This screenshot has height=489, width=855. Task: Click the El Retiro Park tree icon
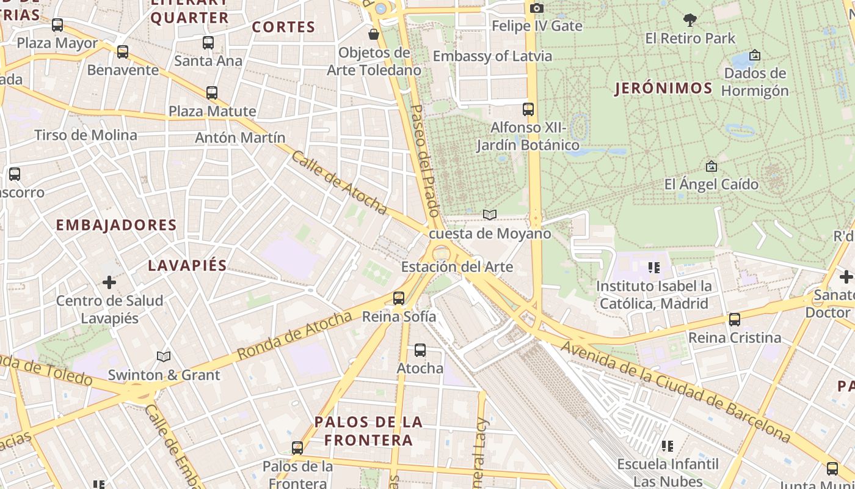690,20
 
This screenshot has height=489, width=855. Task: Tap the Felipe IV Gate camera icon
537,8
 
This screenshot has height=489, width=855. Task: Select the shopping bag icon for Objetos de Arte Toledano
374,34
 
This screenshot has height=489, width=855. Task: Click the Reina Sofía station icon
399,298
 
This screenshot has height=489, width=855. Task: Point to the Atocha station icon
420,350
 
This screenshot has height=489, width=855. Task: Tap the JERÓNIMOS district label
663,88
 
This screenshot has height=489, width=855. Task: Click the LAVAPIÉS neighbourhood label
187,265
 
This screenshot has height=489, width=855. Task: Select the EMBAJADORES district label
116,225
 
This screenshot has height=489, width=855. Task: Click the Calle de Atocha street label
339,183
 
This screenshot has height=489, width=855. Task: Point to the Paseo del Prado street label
424,161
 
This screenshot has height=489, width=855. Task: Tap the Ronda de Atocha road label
294,335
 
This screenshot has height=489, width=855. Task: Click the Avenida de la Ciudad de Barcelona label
675,392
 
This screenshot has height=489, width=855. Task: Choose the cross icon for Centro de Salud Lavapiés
109,282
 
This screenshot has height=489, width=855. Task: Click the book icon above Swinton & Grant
164,356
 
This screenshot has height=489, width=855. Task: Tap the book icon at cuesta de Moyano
490,215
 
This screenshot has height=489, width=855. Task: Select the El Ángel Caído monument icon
711,166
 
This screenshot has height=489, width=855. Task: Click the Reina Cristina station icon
735,320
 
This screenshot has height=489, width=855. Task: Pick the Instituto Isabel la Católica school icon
654,268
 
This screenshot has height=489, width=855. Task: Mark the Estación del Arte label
457,267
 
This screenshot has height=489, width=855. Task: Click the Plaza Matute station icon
212,93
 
